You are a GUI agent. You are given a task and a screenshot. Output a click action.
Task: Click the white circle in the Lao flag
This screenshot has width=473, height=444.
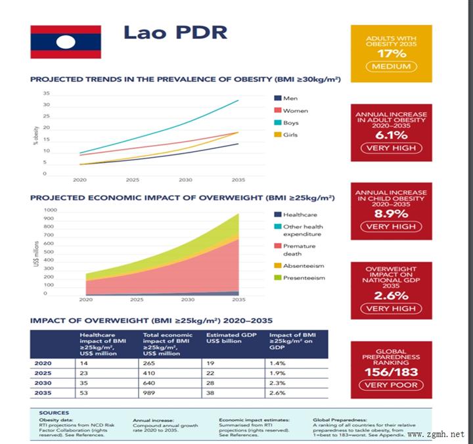click(x=65, y=43)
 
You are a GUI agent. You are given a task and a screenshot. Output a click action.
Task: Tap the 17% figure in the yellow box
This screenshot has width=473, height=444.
click(x=391, y=53)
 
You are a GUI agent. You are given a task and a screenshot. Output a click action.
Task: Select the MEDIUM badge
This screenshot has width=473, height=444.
click(x=391, y=66)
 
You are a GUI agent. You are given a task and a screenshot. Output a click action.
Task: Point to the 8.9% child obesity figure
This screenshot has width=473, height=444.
click(x=391, y=213)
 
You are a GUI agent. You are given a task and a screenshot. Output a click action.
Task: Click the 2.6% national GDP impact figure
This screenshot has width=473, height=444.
click(x=391, y=295)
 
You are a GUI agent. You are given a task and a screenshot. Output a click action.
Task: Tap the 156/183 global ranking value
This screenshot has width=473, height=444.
click(x=391, y=371)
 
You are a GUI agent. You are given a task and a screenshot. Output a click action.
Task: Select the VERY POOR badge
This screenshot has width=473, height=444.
click(x=391, y=385)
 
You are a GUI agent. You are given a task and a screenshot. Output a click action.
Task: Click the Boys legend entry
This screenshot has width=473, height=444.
click(x=290, y=123)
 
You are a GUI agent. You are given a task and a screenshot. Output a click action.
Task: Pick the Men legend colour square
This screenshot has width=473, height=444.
click(x=278, y=99)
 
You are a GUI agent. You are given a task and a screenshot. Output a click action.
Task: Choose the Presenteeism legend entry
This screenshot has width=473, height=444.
click(x=304, y=277)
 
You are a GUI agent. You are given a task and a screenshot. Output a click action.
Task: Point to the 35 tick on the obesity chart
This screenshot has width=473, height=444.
click(x=46, y=94)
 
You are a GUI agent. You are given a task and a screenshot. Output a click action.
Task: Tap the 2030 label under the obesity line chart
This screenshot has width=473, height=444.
click(x=185, y=179)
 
